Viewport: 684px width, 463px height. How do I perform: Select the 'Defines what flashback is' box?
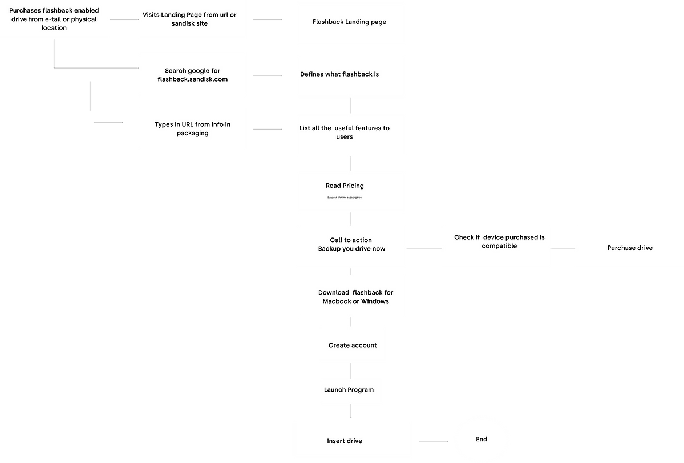350,76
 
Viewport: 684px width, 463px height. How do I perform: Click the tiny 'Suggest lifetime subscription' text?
345,198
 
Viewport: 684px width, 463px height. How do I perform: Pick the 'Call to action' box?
351,246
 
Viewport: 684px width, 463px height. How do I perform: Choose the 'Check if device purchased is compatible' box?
497,246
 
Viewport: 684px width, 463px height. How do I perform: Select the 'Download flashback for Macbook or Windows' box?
351,296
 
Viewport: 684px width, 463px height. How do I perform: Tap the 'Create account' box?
353,345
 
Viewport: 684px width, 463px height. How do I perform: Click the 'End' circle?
482,438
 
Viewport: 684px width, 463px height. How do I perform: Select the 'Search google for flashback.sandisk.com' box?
192,75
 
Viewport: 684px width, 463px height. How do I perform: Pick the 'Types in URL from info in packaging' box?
192,128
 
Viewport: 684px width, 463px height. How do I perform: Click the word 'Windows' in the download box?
375,301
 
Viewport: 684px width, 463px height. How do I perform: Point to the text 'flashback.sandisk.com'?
192,79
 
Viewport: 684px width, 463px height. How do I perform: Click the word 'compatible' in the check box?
499,246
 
